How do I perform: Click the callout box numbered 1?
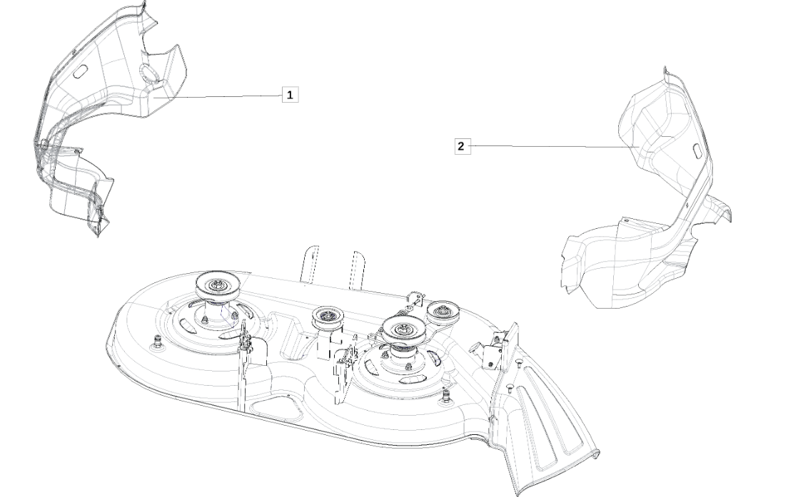tap(290, 94)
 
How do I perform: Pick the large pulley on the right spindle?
tap(403, 330)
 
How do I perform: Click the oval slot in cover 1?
tap(81, 72)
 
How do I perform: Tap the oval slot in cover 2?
tap(695, 150)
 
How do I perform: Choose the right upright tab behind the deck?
tap(357, 269)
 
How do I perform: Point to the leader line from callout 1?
tap(218, 96)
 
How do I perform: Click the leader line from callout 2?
tap(555, 146)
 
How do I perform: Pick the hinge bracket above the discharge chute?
tap(495, 350)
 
